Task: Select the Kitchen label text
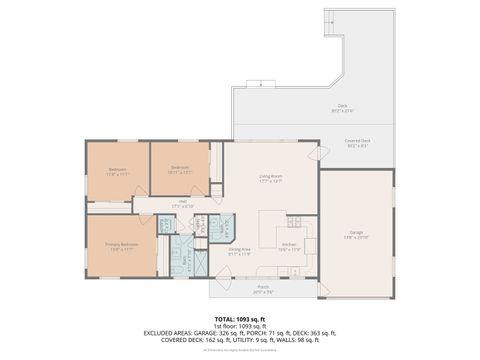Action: pyautogui.click(x=288, y=243)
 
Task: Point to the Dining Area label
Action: pyautogui.click(x=240, y=249)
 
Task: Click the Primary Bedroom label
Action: pyautogui.click(x=121, y=243)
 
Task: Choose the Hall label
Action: pyautogui.click(x=183, y=203)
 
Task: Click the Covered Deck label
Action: pyautogui.click(x=357, y=142)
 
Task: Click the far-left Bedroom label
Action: pyautogui.click(x=117, y=169)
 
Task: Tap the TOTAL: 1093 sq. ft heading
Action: pyautogui.click(x=240, y=319)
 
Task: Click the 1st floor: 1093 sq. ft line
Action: pyautogui.click(x=240, y=326)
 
